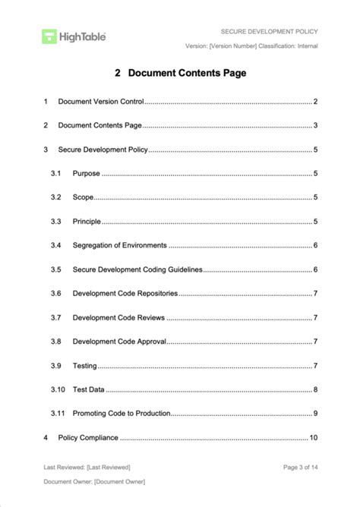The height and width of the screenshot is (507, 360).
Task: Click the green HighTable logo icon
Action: (x=49, y=36)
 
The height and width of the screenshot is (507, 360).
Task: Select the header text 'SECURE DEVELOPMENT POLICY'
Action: (x=269, y=32)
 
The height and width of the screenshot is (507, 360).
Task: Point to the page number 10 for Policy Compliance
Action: (x=313, y=438)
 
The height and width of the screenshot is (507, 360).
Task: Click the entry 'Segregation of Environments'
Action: (x=119, y=245)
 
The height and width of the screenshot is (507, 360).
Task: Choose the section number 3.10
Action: (x=58, y=389)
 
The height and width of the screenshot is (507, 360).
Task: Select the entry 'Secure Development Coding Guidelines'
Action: (x=137, y=269)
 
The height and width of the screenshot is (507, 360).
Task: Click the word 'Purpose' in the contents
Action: (x=86, y=173)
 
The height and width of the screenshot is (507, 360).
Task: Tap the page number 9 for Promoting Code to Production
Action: (x=315, y=414)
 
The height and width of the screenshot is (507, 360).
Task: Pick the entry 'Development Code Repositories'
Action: (x=125, y=294)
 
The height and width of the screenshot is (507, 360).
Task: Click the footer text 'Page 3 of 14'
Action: (x=300, y=467)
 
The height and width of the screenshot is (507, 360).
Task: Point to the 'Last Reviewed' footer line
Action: (x=87, y=467)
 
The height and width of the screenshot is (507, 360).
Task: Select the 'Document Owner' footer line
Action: (x=94, y=482)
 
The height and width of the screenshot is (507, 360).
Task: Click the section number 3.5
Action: (x=55, y=269)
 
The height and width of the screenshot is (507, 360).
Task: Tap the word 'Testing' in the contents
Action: (x=84, y=366)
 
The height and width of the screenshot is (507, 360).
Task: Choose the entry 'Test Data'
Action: (x=89, y=389)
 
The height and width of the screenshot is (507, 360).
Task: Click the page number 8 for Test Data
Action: (x=315, y=389)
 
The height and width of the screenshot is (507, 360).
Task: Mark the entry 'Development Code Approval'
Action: (x=119, y=342)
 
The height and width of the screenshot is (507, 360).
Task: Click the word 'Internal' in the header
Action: (x=305, y=46)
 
